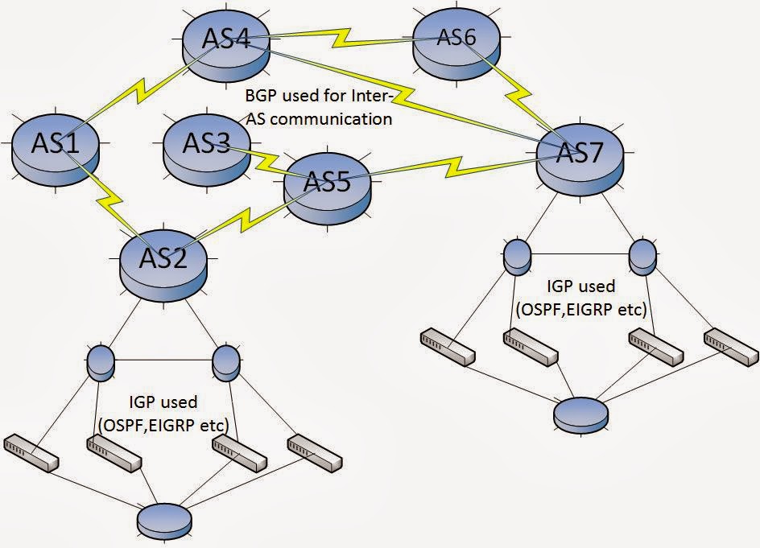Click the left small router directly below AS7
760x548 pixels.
[516, 255]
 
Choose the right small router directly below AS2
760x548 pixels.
[225, 363]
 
